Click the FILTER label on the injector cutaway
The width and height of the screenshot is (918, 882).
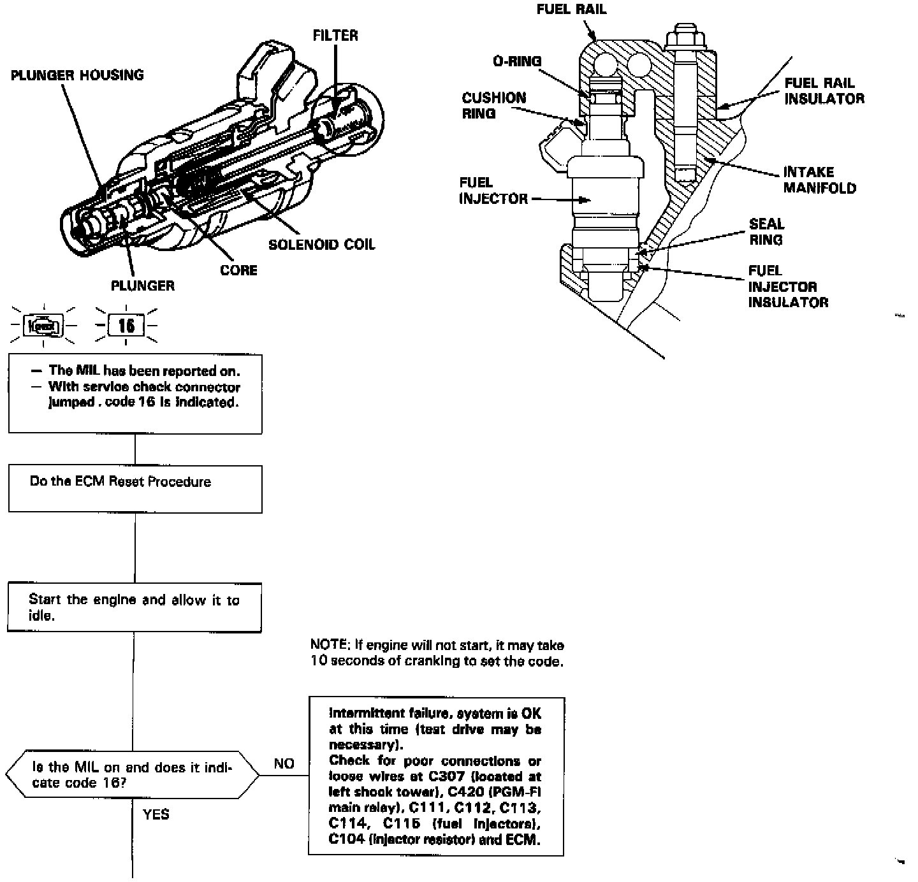tap(335, 36)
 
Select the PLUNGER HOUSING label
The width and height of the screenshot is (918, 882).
tap(77, 75)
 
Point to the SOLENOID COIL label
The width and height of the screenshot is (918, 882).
tap(321, 245)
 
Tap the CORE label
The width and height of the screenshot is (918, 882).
tap(238, 270)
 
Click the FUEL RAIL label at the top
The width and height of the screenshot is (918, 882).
tap(571, 10)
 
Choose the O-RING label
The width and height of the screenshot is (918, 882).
tap(517, 61)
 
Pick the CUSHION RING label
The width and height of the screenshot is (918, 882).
tap(494, 106)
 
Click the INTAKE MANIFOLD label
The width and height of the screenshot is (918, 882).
tap(819, 180)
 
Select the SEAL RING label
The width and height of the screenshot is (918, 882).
tap(766, 232)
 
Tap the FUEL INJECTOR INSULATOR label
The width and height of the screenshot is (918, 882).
tap(788, 287)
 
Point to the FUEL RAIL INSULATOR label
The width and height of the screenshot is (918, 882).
tap(824, 90)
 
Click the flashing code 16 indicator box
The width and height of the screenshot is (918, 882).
tap(126, 326)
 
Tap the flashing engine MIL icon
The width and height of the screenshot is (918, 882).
tap(43, 326)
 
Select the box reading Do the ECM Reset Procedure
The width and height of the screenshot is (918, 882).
tap(135, 489)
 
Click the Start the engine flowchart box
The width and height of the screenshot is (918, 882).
tap(135, 607)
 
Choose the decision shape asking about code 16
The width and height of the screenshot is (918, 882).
tap(133, 776)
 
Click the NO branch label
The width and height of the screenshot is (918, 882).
tap(284, 763)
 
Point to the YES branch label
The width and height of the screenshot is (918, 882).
tap(156, 814)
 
